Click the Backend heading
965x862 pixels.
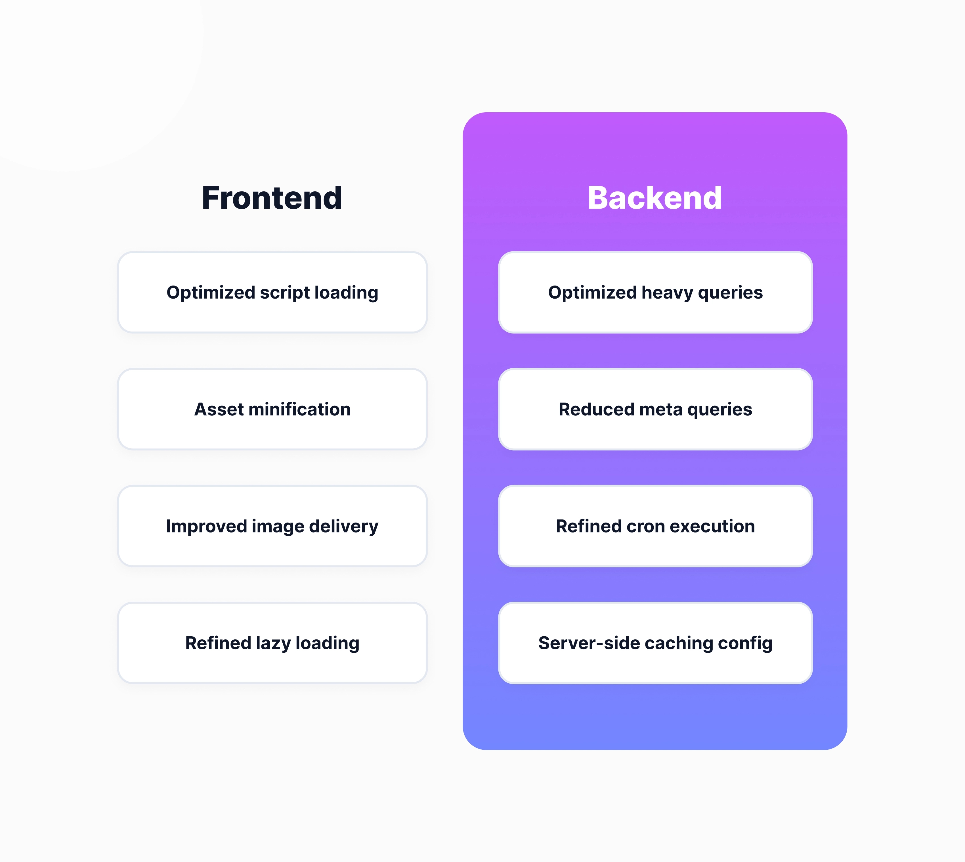pos(654,198)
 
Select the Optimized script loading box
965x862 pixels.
pos(272,292)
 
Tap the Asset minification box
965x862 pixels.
pos(272,409)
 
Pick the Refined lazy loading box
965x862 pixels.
pos(272,643)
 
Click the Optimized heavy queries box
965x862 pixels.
pos(656,292)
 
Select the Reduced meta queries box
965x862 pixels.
pos(656,409)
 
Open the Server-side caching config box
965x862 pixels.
pos(656,643)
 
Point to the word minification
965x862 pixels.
pos(299,409)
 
